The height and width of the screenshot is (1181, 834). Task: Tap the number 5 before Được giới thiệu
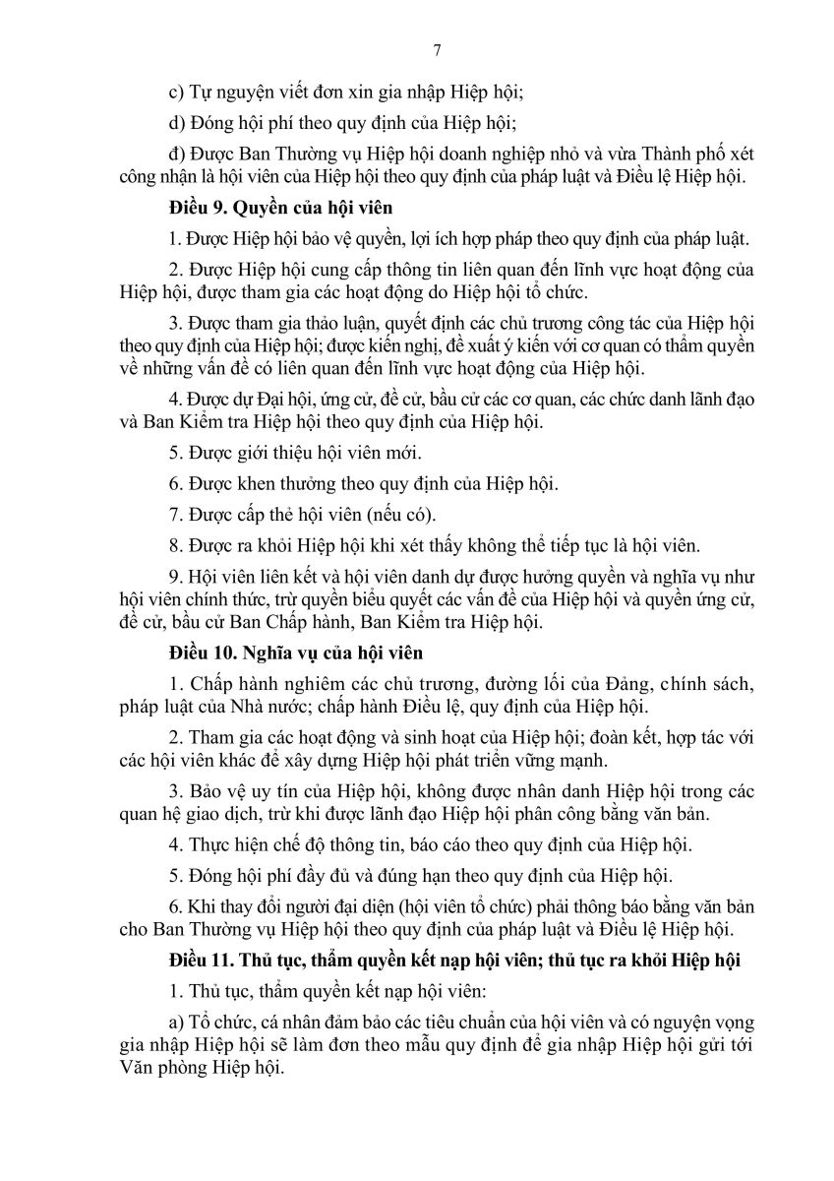coord(174,454)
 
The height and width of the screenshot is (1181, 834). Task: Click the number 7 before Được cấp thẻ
coord(174,515)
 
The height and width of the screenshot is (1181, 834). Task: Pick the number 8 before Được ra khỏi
coord(174,545)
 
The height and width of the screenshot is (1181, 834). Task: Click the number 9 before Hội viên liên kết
coord(174,576)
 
